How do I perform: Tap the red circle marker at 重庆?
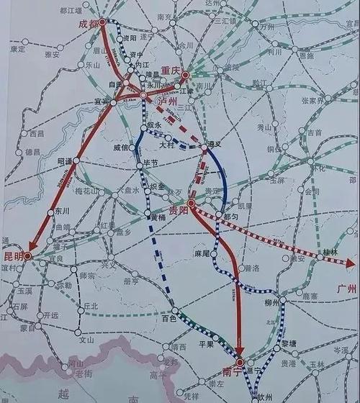click(184, 73)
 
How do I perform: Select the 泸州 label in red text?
click(167, 103)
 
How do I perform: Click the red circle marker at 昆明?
click(27, 255)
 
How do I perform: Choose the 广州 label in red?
click(348, 288)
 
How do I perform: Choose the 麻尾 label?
click(202, 253)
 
